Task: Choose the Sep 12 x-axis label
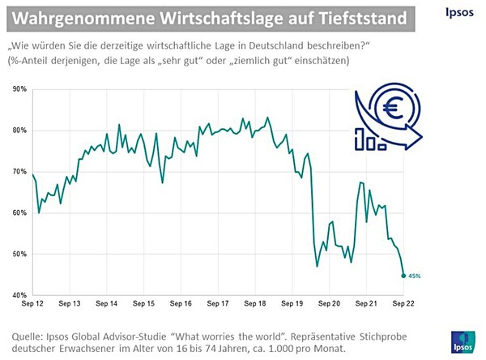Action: click(33, 304)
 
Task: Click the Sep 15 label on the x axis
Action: click(144, 304)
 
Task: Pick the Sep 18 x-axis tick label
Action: click(255, 304)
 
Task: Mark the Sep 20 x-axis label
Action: click(329, 304)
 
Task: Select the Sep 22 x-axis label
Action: click(403, 304)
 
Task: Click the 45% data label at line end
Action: click(414, 276)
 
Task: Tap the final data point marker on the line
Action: click(403, 276)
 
